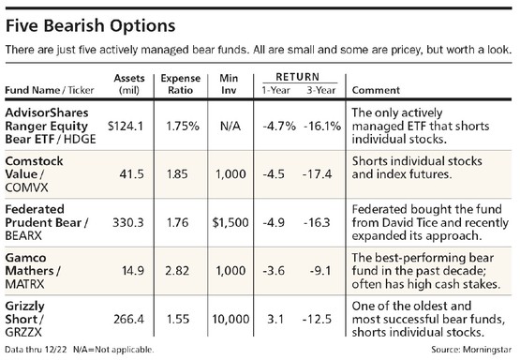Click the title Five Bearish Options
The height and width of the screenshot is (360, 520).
pyautogui.click(x=91, y=26)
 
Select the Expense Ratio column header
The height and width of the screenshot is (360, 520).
pyautogui.click(x=181, y=84)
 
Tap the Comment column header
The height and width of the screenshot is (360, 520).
pyautogui.click(x=376, y=90)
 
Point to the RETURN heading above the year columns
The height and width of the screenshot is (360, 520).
pyautogui.click(x=297, y=77)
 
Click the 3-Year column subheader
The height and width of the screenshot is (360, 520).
pyautogui.click(x=321, y=90)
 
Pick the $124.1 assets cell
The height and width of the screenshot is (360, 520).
pyautogui.click(x=126, y=126)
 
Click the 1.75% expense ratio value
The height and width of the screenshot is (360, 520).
pyautogui.click(x=183, y=126)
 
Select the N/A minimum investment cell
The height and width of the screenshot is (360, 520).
pyautogui.click(x=230, y=126)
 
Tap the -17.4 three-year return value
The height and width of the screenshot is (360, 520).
pyautogui.click(x=318, y=174)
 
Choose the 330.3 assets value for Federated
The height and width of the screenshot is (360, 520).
pyautogui.click(x=128, y=222)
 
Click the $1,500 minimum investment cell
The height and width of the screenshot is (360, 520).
pyautogui.click(x=230, y=222)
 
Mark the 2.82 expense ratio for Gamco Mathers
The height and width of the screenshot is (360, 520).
pyautogui.click(x=177, y=271)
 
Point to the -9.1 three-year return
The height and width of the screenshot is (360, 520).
pyautogui.click(x=320, y=271)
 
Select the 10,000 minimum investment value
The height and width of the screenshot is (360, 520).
pyautogui.click(x=230, y=319)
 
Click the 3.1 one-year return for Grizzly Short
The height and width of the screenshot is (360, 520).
pyautogui.click(x=275, y=319)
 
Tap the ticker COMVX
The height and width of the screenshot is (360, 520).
pyautogui.click(x=26, y=187)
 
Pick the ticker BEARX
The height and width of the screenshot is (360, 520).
pyautogui.click(x=23, y=235)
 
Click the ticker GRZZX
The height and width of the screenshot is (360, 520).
pyautogui.click(x=23, y=332)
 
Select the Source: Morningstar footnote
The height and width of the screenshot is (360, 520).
pyautogui.click(x=471, y=350)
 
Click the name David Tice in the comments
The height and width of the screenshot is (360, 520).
pyautogui.click(x=410, y=222)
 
